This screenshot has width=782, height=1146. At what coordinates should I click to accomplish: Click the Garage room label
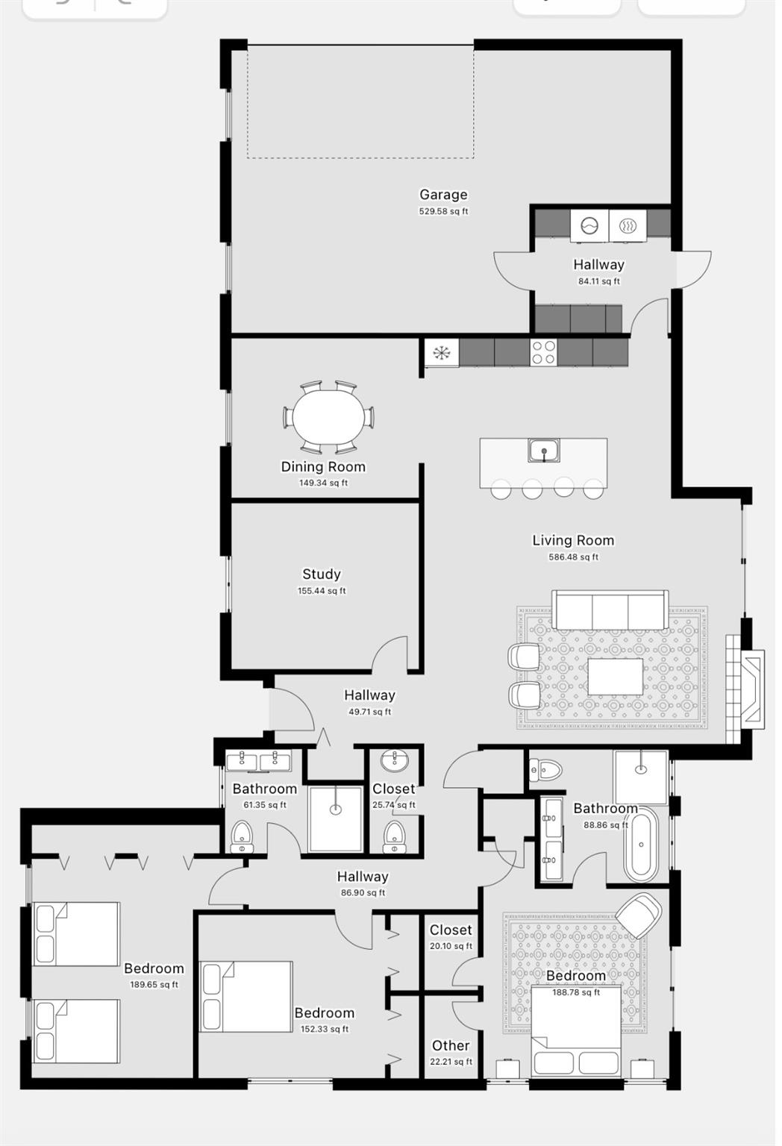pyautogui.click(x=443, y=195)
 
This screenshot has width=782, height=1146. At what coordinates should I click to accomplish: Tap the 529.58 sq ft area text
pyautogui.click(x=443, y=211)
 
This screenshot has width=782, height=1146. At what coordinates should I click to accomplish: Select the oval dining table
pyautogui.click(x=328, y=417)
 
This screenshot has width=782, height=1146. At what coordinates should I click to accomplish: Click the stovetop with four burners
pyautogui.click(x=543, y=352)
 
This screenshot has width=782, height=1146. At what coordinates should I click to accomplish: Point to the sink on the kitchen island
pyautogui.click(x=544, y=450)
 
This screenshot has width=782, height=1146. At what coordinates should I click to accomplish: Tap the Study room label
pyautogui.click(x=322, y=574)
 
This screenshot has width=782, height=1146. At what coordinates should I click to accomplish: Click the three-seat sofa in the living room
pyautogui.click(x=610, y=610)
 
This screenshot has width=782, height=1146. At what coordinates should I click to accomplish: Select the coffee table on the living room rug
pyautogui.click(x=615, y=677)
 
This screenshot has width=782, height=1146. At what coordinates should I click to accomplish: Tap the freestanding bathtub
pyautogui.click(x=641, y=845)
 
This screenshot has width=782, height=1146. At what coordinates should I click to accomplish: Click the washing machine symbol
pyautogui.click(x=590, y=225)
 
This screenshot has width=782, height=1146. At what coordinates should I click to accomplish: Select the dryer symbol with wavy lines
pyautogui.click(x=628, y=225)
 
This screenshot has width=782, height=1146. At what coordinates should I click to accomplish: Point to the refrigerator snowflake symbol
pyautogui.click(x=441, y=352)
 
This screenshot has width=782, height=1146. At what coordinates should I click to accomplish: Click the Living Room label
pyautogui.click(x=573, y=540)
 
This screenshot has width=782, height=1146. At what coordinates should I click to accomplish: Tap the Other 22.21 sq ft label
pyautogui.click(x=451, y=1053)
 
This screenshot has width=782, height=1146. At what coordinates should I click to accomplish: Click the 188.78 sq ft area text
pyautogui.click(x=576, y=992)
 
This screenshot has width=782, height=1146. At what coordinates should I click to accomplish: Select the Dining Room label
pyautogui.click(x=323, y=466)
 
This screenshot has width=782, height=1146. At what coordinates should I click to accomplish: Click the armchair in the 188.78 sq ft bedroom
pyautogui.click(x=638, y=915)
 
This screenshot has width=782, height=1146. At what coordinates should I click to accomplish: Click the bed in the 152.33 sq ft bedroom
pyautogui.click(x=246, y=998)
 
